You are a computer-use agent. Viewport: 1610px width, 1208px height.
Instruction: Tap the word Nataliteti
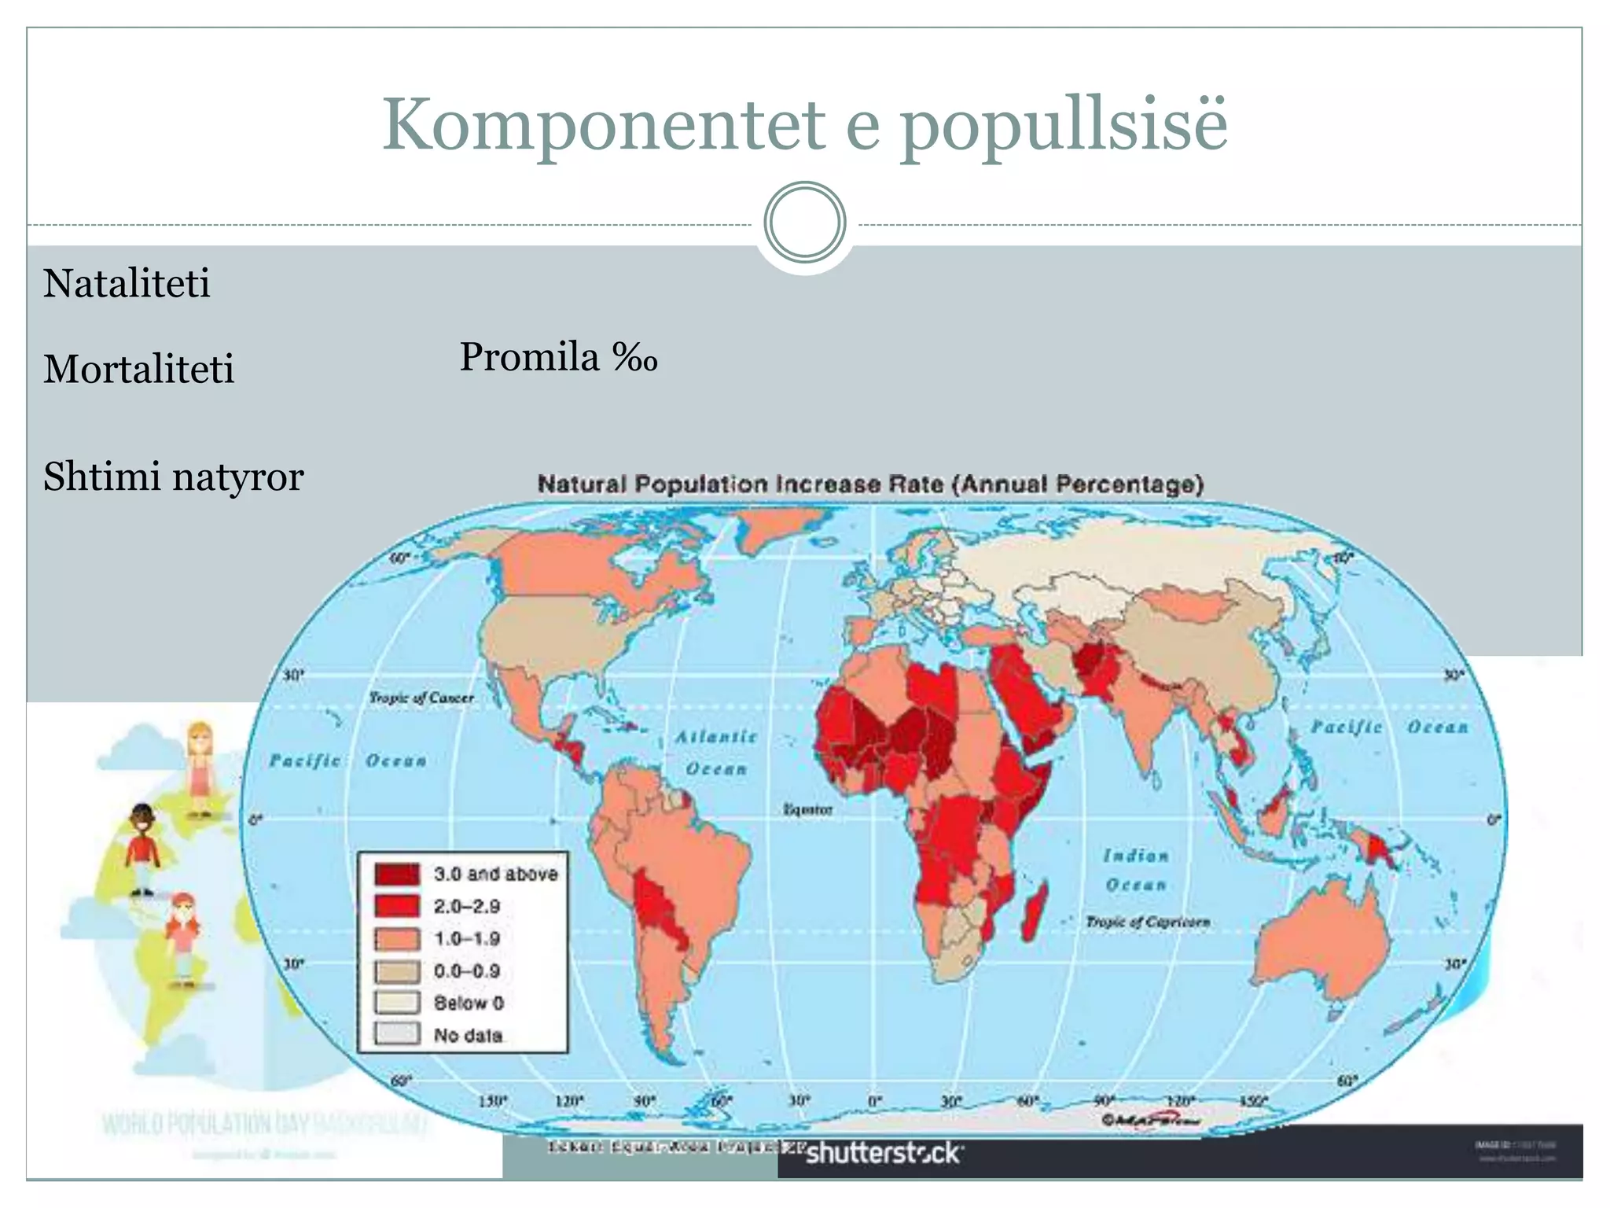[127, 283]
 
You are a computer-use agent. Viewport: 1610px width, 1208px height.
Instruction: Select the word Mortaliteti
[138, 369]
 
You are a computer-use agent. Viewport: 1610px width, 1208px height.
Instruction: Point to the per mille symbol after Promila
[634, 359]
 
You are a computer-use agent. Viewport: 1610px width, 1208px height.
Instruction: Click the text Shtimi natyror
[173, 477]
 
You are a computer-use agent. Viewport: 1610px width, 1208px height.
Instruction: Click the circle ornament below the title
[804, 223]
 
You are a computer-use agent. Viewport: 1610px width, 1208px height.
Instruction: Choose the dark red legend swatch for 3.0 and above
[397, 874]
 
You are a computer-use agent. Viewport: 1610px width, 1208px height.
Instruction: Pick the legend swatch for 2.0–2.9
[397, 906]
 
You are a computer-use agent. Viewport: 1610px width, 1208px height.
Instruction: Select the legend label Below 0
[469, 1003]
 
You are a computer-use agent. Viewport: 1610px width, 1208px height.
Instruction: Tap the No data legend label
[469, 1035]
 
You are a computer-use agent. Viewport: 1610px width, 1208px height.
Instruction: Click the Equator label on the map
[807, 809]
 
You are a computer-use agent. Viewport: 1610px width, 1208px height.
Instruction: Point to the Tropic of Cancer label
[421, 698]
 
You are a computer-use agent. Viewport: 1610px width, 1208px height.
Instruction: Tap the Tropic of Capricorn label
[1148, 921]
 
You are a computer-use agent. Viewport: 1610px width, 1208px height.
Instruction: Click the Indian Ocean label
[1136, 870]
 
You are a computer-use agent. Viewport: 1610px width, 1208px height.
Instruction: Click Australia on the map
[1321, 944]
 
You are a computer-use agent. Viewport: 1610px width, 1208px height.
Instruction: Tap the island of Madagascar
[1035, 912]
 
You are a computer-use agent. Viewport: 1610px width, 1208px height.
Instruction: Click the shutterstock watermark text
[884, 1153]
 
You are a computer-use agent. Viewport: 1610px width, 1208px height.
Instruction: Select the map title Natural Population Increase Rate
[870, 484]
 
